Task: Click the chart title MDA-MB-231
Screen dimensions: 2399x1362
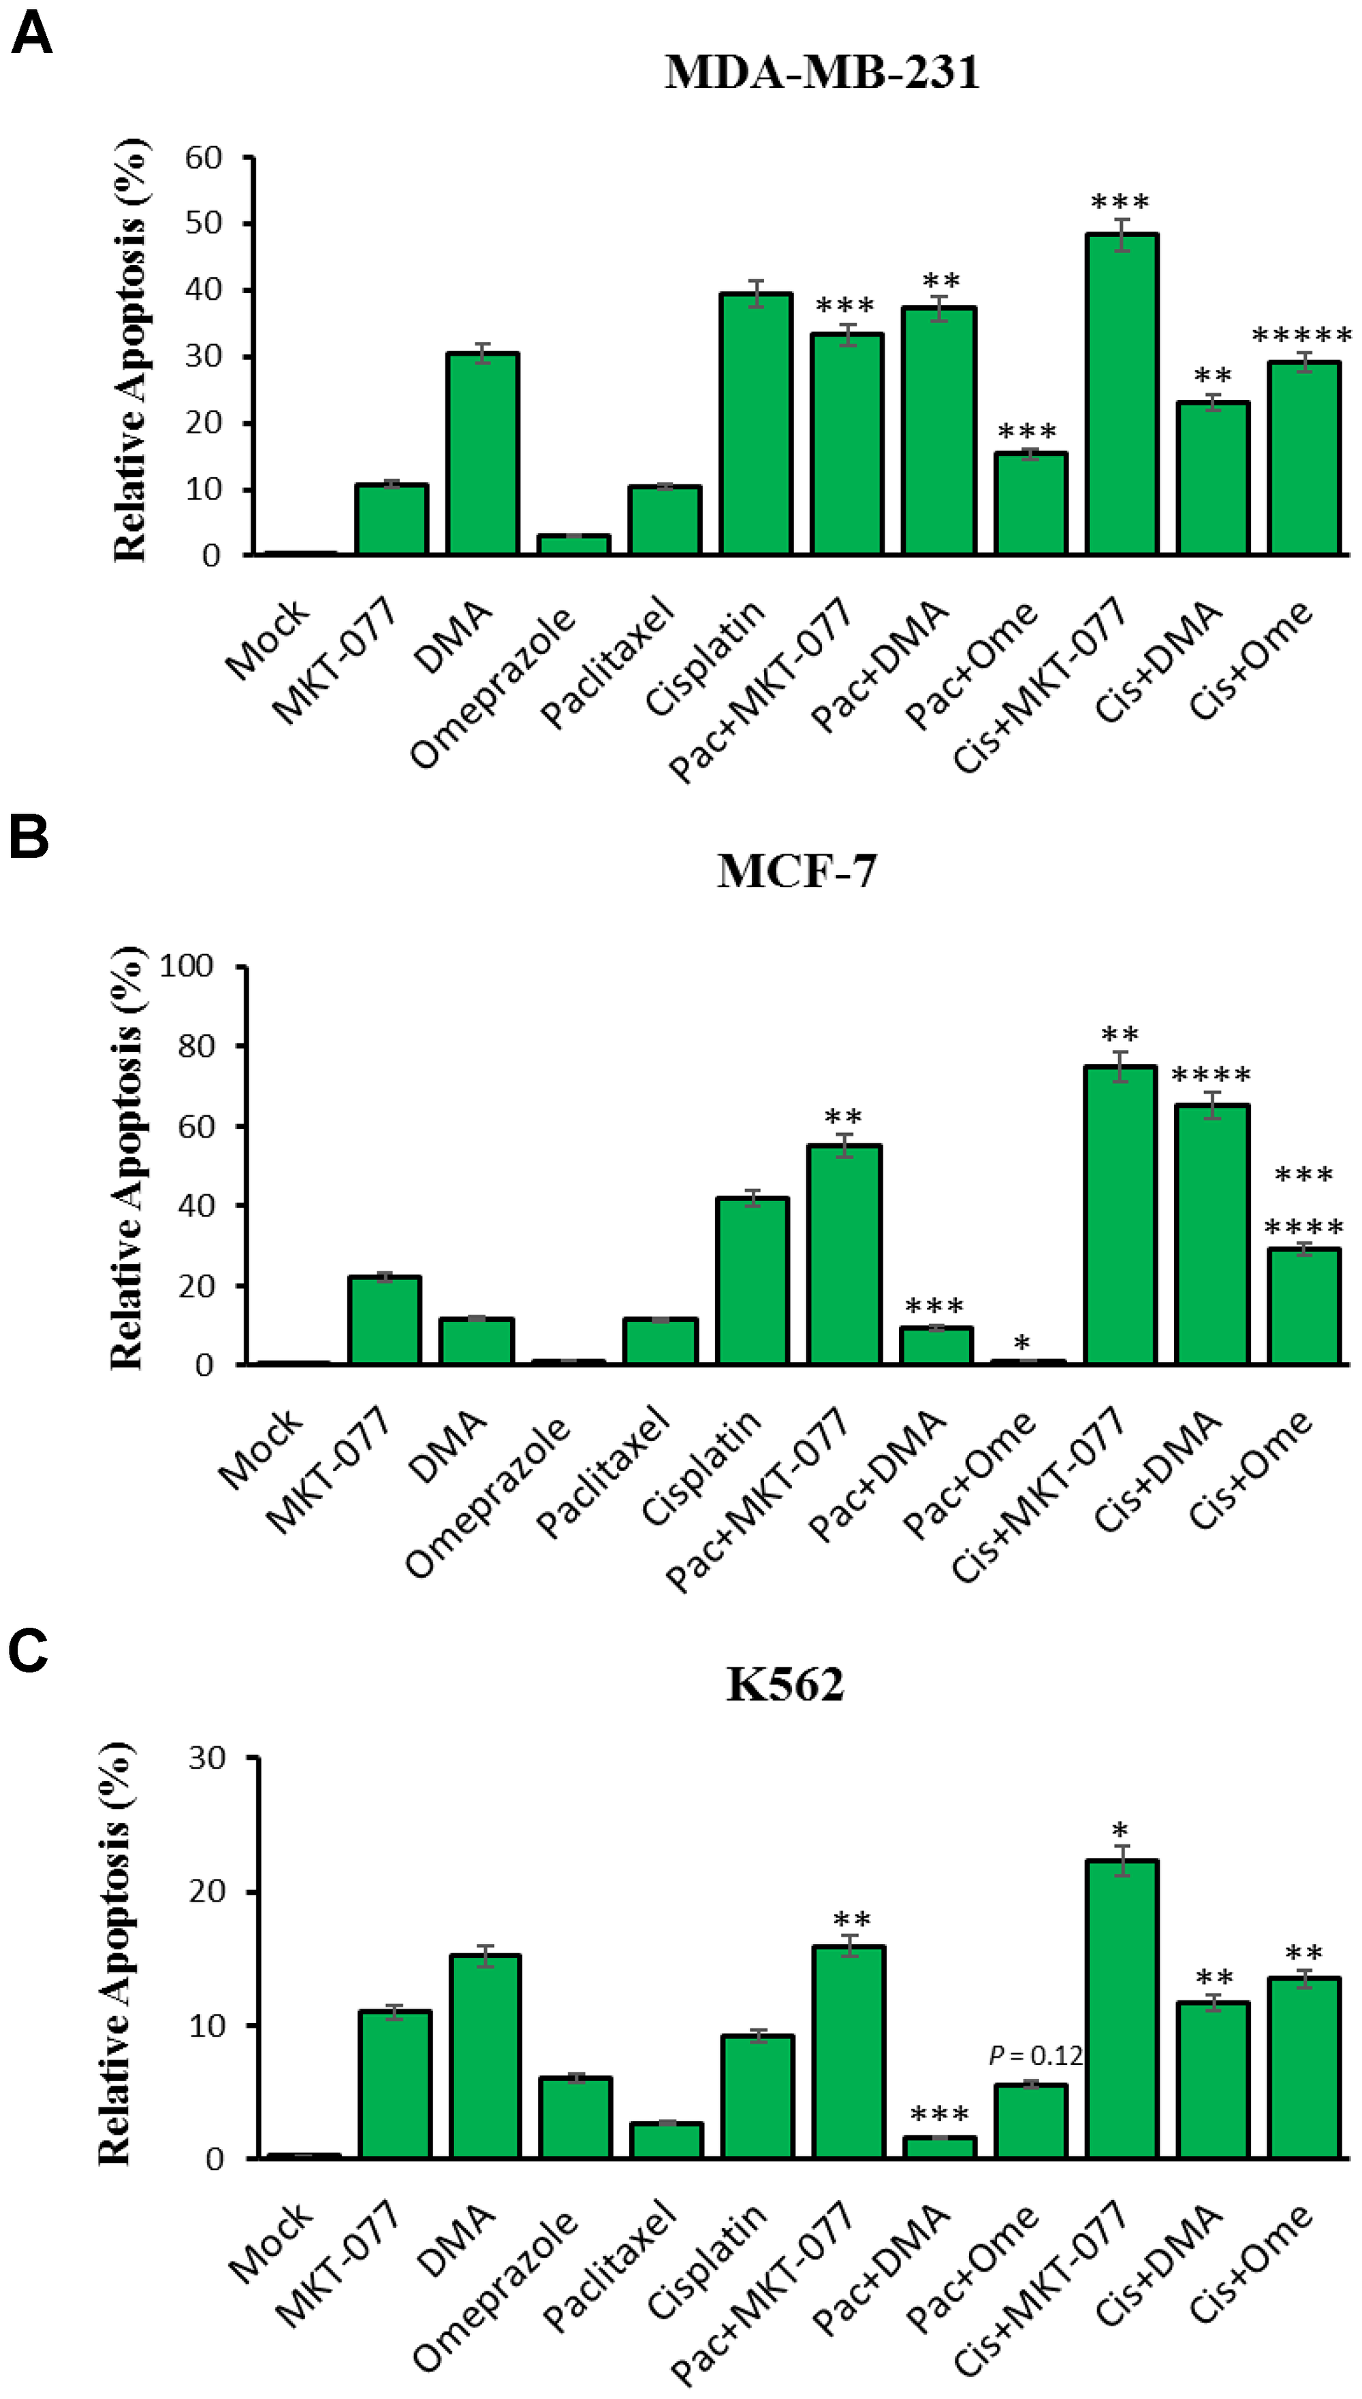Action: coord(822,72)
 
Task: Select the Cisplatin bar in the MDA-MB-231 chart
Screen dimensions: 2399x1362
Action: coord(756,426)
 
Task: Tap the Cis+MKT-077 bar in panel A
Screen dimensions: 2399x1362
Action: coord(1122,395)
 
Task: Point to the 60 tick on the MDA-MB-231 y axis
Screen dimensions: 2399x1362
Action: coord(203,158)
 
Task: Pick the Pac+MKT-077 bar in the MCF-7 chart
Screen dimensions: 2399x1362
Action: coord(844,1255)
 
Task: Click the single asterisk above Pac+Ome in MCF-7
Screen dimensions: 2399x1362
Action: coord(1022,1344)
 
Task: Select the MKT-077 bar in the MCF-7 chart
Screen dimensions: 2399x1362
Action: coord(385,1320)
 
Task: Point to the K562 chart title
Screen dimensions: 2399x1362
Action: coord(786,1683)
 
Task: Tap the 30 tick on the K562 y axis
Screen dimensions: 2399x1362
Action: coord(207,1758)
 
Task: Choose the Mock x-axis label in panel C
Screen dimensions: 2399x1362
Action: coord(270,2255)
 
